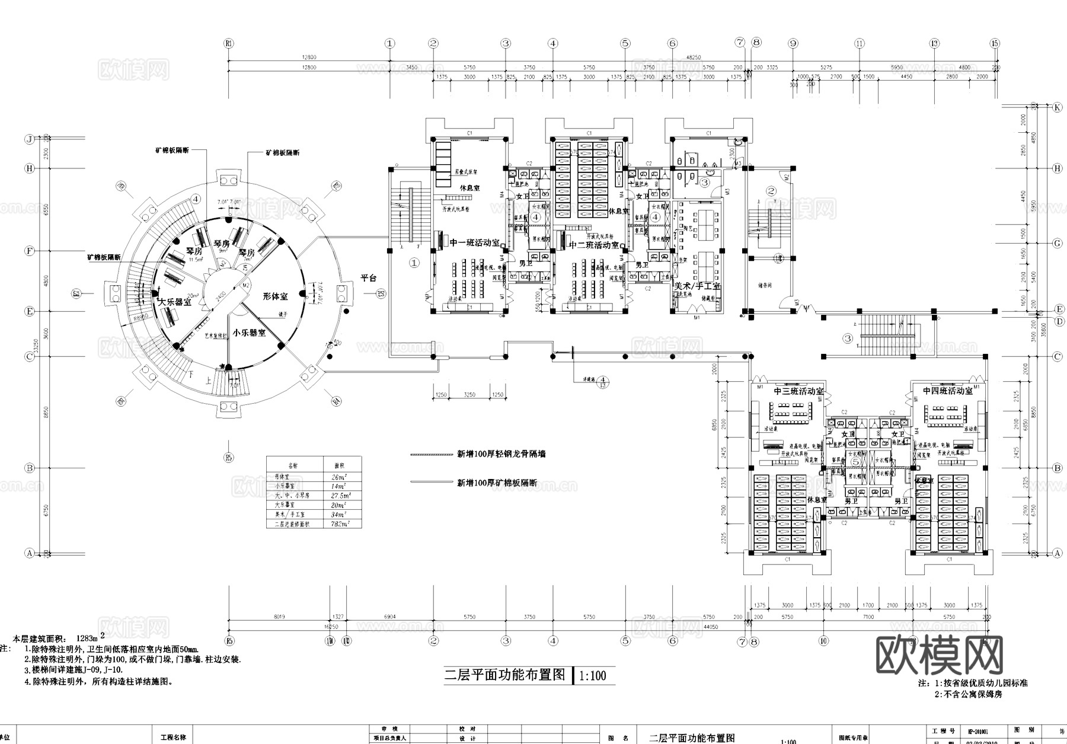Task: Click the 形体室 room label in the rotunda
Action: [276, 296]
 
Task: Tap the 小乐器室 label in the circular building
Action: [249, 333]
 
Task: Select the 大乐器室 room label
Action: [174, 302]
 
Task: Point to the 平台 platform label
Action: [369, 278]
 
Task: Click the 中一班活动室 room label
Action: [474, 243]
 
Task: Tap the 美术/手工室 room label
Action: [697, 286]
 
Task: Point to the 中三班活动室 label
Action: [798, 391]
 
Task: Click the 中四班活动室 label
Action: [947, 391]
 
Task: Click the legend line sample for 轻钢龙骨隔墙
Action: [431, 455]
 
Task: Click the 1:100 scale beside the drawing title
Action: [593, 676]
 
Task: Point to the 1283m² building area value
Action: [79, 638]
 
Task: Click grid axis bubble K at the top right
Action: [1057, 107]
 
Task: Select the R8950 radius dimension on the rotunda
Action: [140, 318]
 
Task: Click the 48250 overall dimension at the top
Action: [693, 58]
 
